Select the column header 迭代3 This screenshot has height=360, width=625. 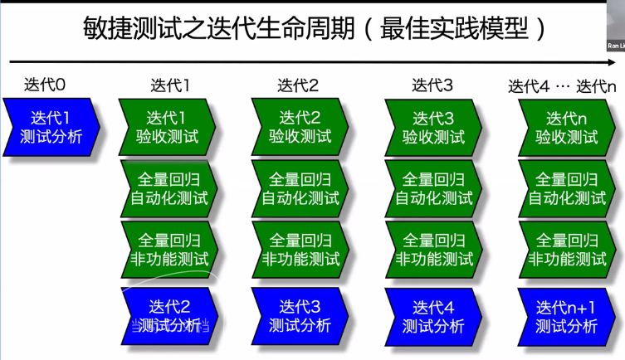point(432,85)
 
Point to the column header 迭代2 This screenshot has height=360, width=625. point(298,85)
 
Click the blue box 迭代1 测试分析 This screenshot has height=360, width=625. point(51,127)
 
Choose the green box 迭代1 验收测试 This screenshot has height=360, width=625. point(168,127)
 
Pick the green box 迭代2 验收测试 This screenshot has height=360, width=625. point(300,127)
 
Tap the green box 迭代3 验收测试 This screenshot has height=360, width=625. point(433,127)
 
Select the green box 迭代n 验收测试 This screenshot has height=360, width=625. point(567,127)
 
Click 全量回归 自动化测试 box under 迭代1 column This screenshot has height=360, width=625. point(168,188)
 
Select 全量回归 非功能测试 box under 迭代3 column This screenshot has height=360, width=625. point(433,249)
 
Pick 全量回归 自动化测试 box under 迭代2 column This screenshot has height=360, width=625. point(300,188)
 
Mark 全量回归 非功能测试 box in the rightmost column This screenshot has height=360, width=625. point(567,249)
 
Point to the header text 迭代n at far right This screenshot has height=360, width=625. point(597,85)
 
